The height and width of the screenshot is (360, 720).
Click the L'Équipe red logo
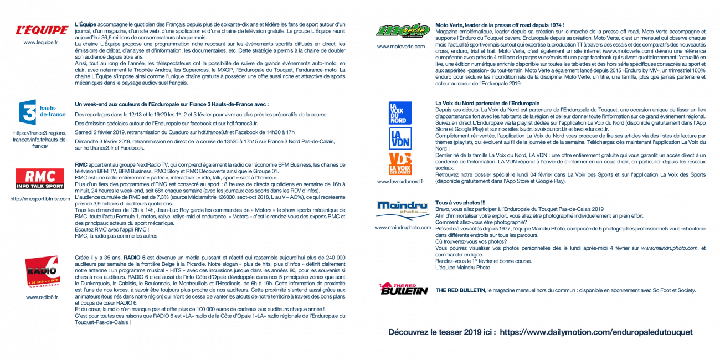coord(42,30)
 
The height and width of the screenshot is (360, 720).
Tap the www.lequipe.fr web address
coord(40,43)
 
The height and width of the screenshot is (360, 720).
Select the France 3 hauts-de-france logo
coord(42,112)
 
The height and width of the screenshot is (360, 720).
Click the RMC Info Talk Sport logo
coord(40,178)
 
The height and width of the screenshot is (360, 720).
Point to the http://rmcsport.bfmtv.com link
coord(40,199)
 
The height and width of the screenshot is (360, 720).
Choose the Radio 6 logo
coord(43,271)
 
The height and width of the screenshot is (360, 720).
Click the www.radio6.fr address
coord(42,297)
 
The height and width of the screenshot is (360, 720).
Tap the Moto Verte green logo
coord(403,30)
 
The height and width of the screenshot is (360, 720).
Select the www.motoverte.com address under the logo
coord(401,47)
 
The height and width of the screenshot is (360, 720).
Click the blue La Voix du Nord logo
coord(400,113)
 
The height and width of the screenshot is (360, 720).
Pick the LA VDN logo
coord(400,138)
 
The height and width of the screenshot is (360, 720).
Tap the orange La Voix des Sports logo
coord(400,163)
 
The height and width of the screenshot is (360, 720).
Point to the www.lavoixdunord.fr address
coord(400,182)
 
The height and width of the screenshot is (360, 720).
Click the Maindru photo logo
coord(403,210)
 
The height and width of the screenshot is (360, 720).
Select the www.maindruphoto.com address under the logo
coord(403,228)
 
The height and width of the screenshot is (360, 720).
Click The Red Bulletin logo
coord(404,289)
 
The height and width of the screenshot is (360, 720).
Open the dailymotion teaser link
coord(596,332)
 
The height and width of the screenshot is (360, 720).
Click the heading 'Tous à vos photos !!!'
coord(460,203)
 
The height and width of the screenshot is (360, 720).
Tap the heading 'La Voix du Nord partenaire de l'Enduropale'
coord(487,104)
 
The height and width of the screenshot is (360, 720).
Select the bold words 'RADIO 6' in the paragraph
coord(135,258)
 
